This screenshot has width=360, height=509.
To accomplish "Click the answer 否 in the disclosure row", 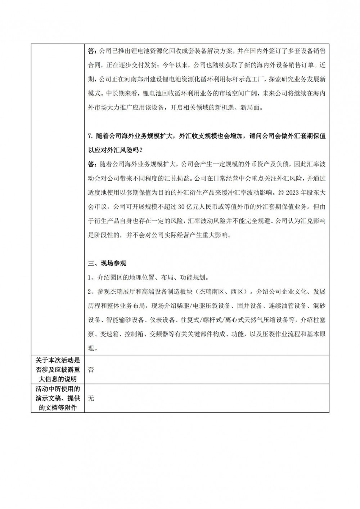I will pos(91,370).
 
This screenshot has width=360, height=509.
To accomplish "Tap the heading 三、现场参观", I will pos(107,263).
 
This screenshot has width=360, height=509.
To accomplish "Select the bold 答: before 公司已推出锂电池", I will pos(93,51).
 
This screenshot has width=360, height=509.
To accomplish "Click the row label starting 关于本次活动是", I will pos(58,360).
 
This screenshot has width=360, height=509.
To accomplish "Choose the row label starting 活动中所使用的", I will pos(58,389).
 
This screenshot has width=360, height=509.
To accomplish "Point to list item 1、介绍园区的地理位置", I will pos(148,278).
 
